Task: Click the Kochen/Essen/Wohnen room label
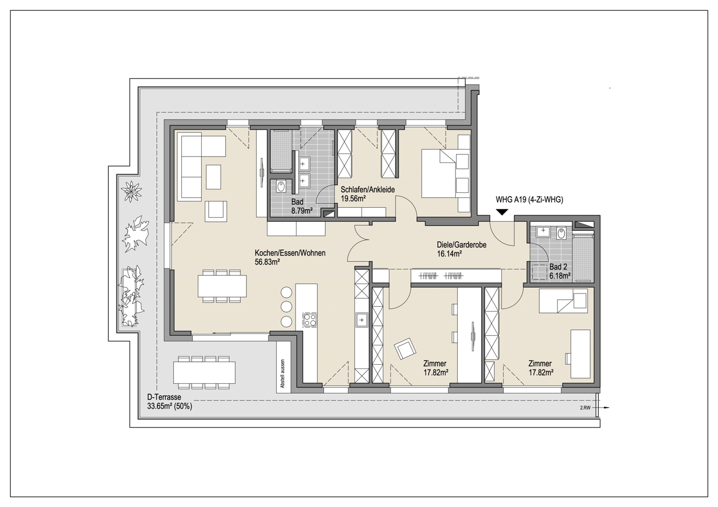[x=290, y=253]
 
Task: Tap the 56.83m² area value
[x=267, y=262]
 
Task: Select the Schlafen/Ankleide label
[x=367, y=190]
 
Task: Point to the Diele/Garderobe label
[x=461, y=245]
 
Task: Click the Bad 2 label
[x=558, y=267]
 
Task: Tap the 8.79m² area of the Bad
[x=302, y=211]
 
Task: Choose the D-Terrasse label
[x=164, y=397]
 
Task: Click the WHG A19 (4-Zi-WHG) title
[x=530, y=200]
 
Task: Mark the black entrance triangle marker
[x=502, y=212]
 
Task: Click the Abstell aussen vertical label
[x=282, y=374]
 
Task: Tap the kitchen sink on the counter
[x=362, y=320]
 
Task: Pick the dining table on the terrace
[x=204, y=373]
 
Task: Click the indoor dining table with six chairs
[x=222, y=286]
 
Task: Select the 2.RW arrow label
[x=585, y=408]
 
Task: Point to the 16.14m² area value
[x=450, y=254]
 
